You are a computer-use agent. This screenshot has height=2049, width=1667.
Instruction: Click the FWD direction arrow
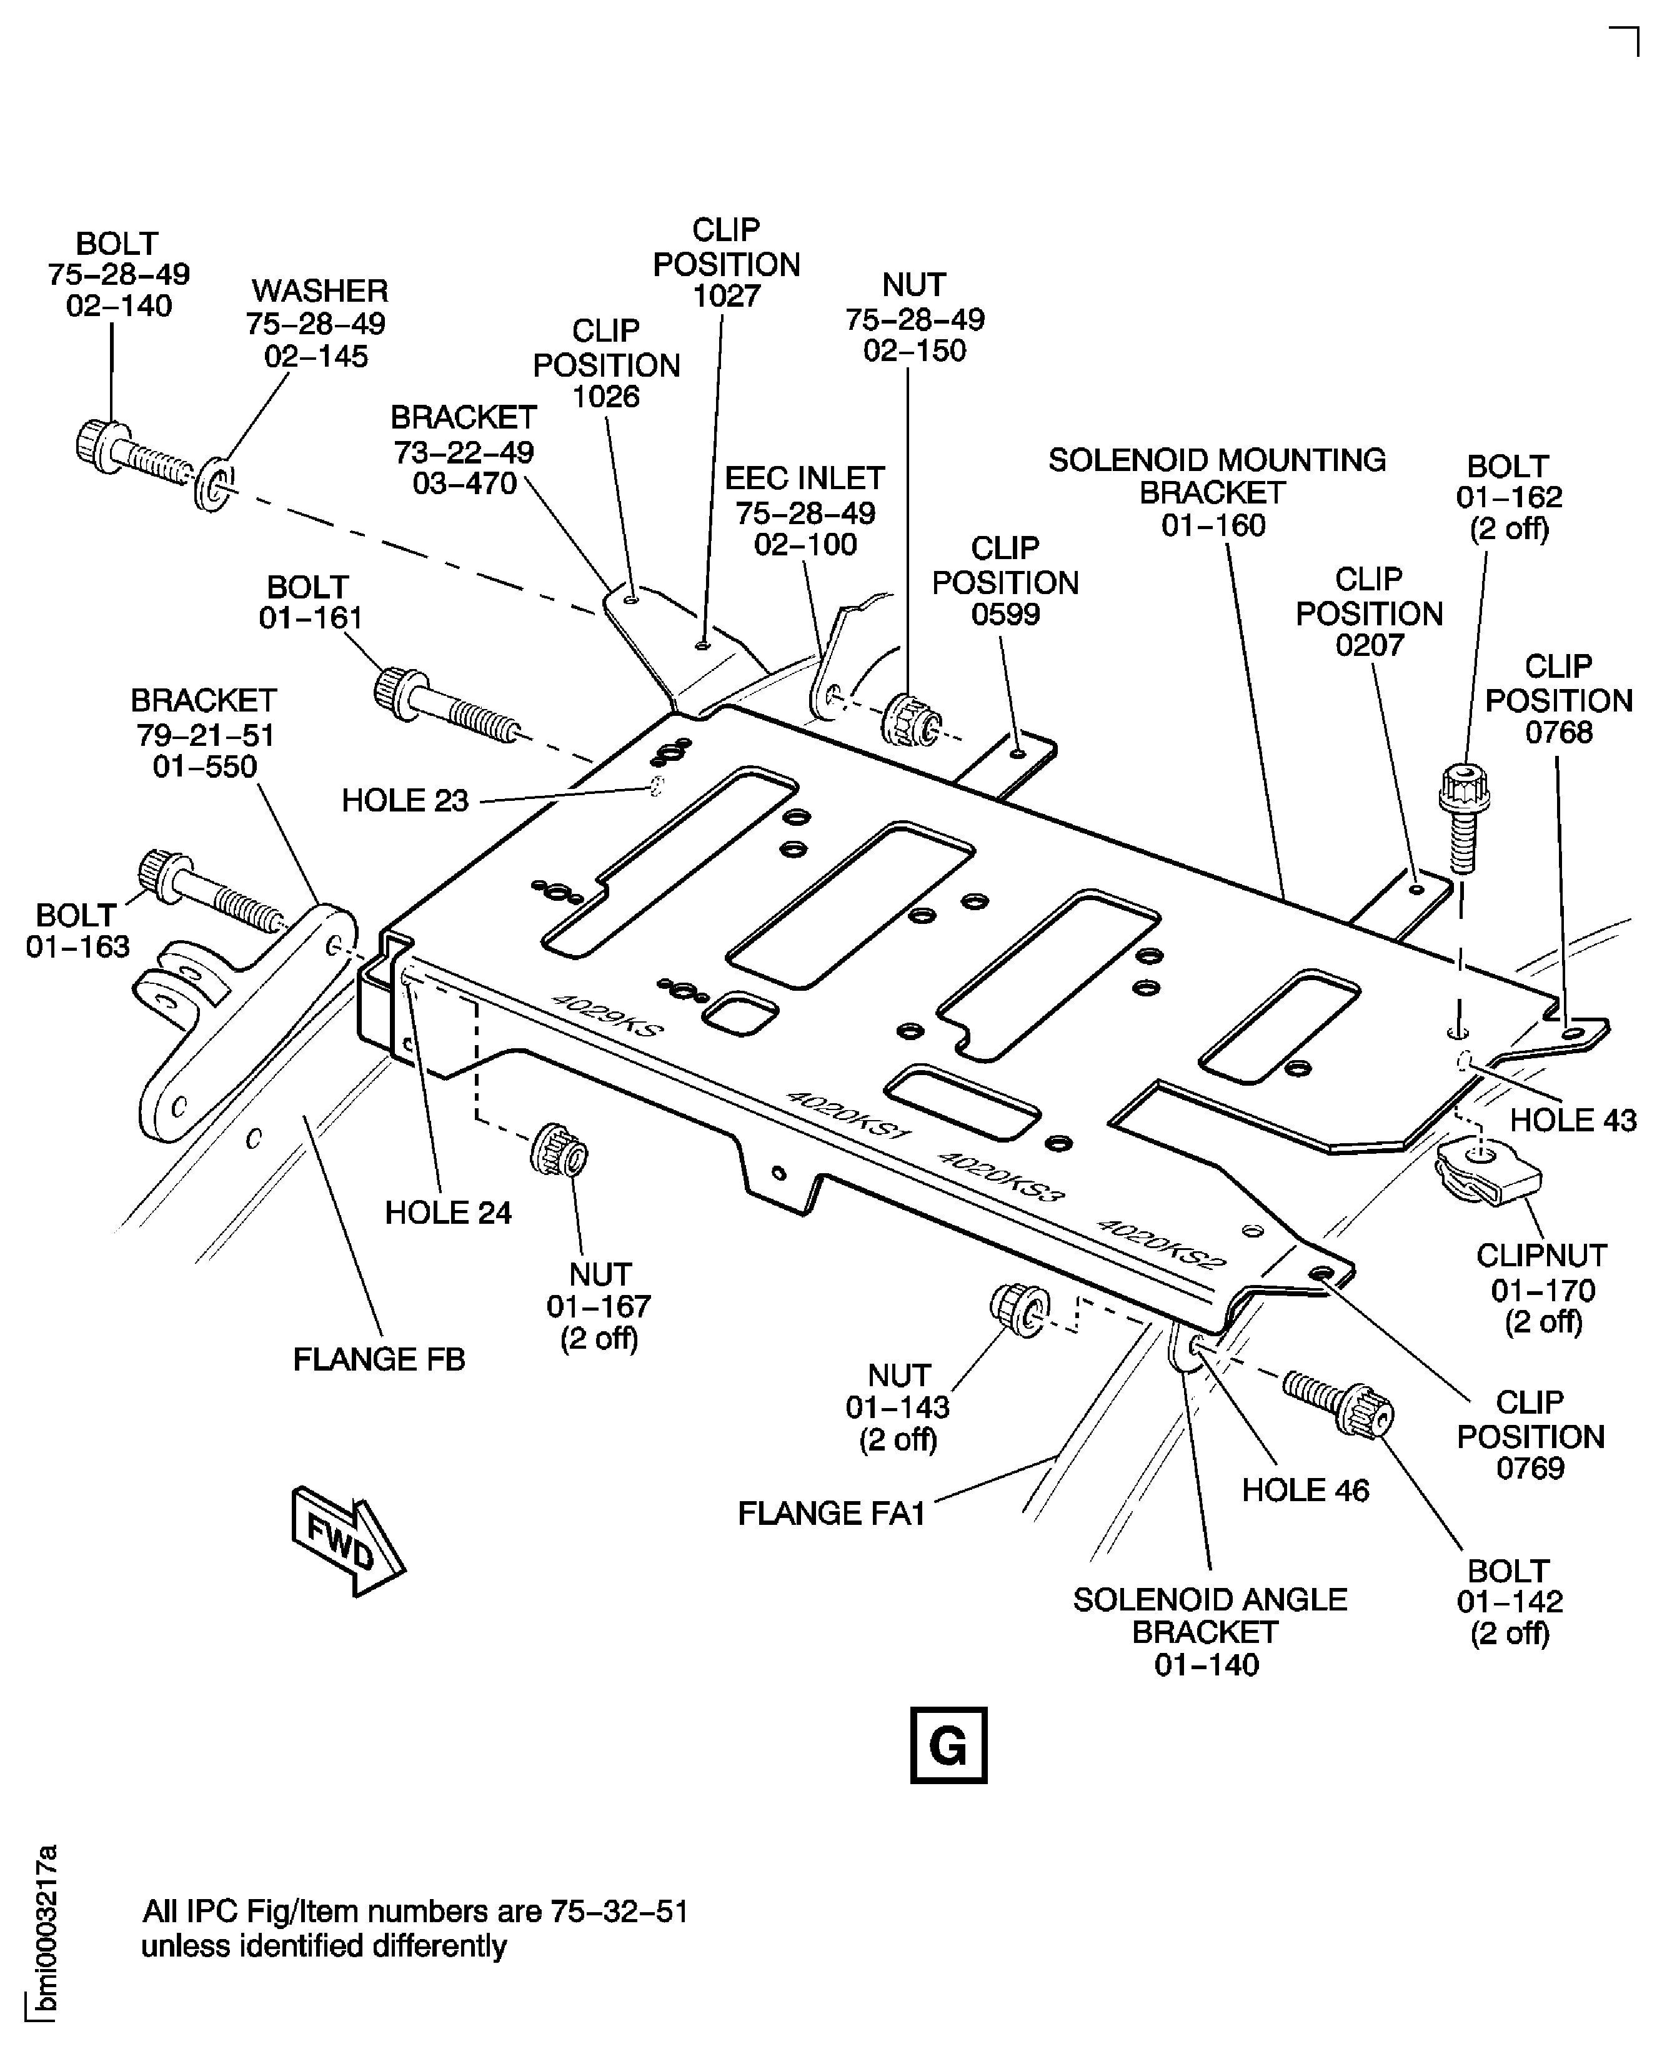(347, 1542)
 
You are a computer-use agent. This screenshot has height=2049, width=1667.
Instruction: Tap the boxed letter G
(948, 1745)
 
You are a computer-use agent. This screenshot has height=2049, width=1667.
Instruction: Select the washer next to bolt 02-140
(213, 485)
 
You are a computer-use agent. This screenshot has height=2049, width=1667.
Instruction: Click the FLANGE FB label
(379, 1359)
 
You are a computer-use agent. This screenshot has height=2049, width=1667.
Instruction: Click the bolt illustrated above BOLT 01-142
(1338, 1401)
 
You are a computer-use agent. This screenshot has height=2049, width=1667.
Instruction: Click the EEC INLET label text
(804, 478)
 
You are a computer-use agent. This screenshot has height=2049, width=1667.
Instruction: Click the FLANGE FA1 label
(830, 1513)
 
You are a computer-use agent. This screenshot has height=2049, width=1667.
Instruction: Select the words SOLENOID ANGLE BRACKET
(1209, 1616)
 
